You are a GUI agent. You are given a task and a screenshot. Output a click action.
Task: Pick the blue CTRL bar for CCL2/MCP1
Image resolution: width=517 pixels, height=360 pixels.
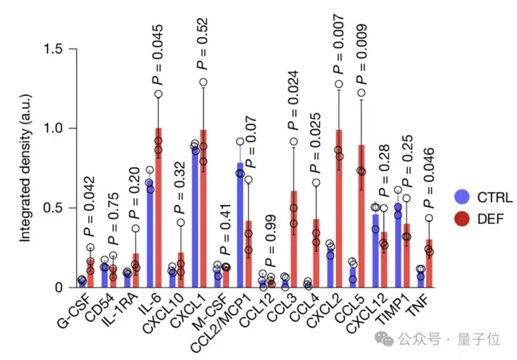coord(239,225)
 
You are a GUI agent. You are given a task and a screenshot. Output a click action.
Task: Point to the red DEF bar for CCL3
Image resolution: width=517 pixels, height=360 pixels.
coord(293,239)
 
